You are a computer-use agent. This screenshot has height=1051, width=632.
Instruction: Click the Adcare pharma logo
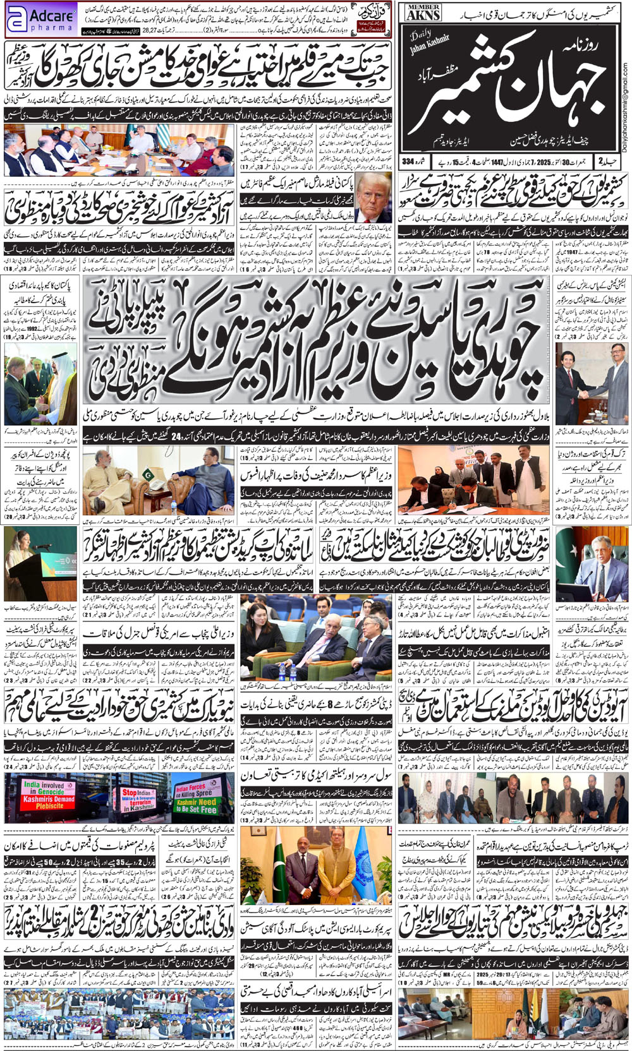[41, 20]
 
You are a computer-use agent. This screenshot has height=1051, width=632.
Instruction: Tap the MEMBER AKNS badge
[423, 12]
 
